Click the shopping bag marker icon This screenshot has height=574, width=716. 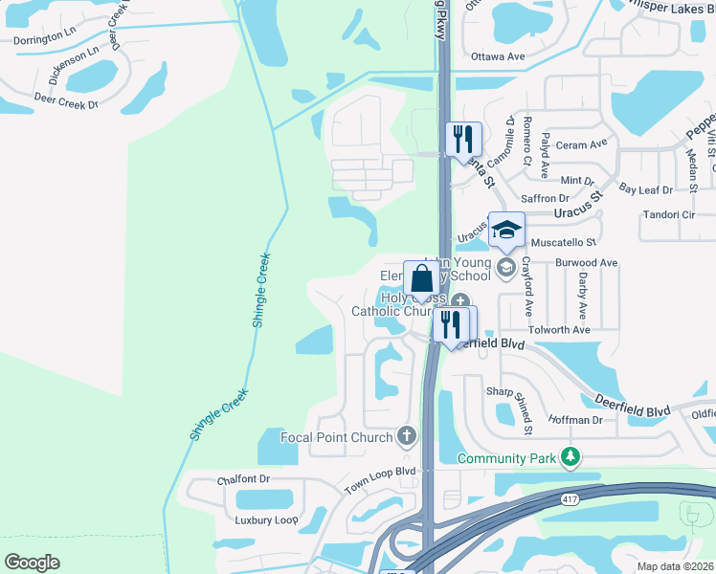(421, 280)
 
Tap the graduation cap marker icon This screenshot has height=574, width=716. (506, 232)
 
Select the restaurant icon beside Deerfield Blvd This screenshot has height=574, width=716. (449, 325)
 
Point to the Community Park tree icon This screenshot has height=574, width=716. (571, 457)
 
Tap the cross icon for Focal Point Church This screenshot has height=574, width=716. (407, 437)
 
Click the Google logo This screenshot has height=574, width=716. (33, 562)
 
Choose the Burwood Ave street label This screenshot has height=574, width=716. (586, 262)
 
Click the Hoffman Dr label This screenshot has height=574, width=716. (575, 420)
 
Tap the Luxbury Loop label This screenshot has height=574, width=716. (267, 520)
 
